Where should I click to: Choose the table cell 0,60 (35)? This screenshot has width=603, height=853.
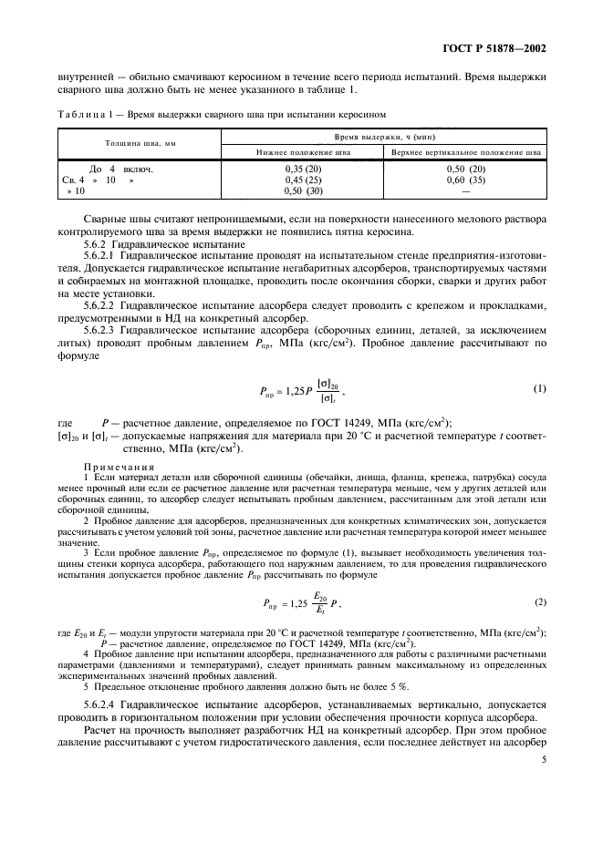(466, 180)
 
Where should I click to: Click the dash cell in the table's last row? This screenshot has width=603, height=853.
(466, 191)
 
